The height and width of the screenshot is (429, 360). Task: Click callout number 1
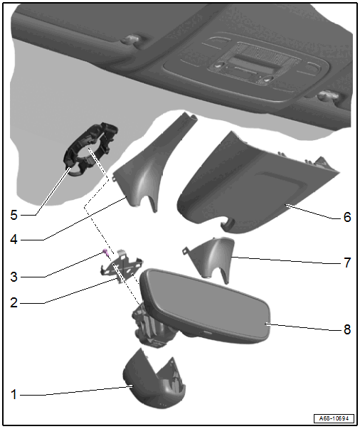click(x=14, y=395)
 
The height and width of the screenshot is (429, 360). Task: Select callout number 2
click(x=14, y=303)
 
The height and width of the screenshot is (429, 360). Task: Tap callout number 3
click(x=14, y=277)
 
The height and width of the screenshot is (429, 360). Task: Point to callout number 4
click(x=14, y=240)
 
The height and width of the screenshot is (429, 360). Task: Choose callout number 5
click(x=14, y=215)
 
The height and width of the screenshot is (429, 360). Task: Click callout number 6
click(x=347, y=217)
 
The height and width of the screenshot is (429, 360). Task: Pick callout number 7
click(x=347, y=263)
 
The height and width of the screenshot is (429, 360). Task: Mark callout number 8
click(x=347, y=329)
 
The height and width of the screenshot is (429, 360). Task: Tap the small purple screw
click(x=105, y=252)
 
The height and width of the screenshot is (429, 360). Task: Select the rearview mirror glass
click(x=205, y=307)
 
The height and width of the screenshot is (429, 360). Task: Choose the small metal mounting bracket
click(x=122, y=266)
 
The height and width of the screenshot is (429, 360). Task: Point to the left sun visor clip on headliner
click(x=132, y=40)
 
